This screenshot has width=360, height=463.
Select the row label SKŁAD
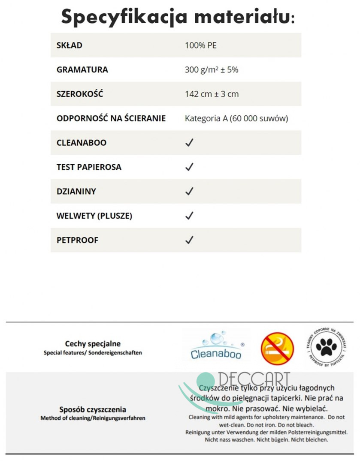coord(70,45)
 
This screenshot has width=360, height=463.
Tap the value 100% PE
coord(201,45)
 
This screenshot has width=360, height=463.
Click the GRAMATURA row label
coord(82,69)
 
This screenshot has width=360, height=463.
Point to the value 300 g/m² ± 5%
coord(212,69)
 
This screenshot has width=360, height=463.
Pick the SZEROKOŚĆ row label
coord(80,94)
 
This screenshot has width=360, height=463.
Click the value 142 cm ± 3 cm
coord(212,94)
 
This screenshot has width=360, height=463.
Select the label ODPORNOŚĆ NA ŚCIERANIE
coord(111,118)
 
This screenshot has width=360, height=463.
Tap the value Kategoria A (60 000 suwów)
coord(236,118)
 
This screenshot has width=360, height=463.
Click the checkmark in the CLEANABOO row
coord(189,143)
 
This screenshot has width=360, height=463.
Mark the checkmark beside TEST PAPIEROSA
coord(189,167)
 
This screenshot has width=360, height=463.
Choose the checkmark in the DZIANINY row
coord(189,192)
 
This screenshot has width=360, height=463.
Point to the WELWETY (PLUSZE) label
coord(94,216)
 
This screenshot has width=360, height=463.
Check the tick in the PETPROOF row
coord(189,240)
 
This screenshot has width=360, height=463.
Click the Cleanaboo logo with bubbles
coord(216,346)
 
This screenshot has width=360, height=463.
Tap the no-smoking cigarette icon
coord(278,349)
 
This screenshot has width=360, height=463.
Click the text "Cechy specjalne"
coord(93,343)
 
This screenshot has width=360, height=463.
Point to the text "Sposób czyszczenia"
coord(93,409)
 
